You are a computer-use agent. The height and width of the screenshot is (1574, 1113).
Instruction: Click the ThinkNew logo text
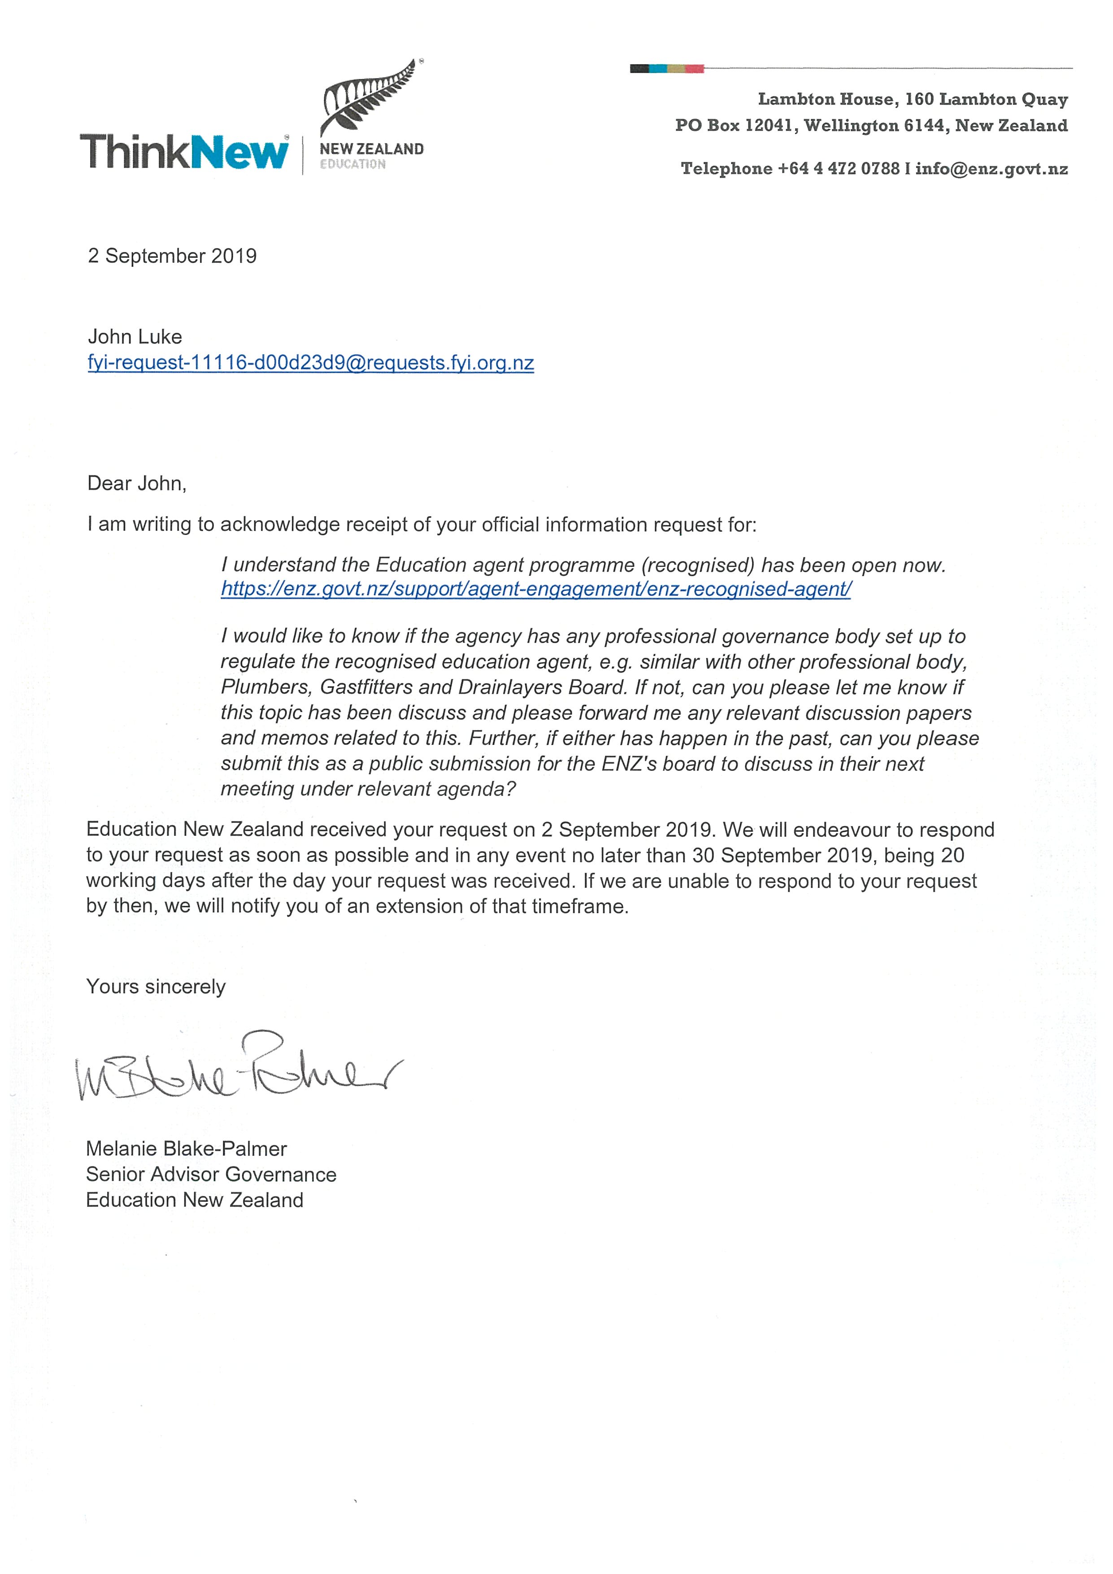tap(184, 152)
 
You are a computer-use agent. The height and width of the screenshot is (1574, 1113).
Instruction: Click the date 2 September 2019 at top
tap(172, 256)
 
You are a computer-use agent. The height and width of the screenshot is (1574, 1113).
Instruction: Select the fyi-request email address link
tap(310, 363)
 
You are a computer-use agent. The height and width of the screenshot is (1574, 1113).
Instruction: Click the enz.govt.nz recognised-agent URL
tap(535, 590)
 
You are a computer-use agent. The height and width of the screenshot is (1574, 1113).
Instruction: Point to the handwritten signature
tap(236, 1070)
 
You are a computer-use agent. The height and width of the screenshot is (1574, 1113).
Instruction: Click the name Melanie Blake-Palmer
tap(187, 1149)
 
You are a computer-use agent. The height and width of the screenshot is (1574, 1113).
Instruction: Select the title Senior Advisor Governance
tap(211, 1174)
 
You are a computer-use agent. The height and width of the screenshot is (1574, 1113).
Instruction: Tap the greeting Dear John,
tap(137, 484)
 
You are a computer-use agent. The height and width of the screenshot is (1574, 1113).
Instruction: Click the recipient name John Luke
tap(135, 337)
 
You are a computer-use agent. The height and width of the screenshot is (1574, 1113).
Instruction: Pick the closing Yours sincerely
tap(156, 987)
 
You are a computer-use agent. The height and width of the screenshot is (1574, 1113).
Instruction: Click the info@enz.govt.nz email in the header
tap(991, 169)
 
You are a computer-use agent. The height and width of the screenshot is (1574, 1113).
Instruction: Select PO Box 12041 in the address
tap(735, 126)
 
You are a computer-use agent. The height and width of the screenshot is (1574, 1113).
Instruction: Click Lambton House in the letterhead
tap(825, 100)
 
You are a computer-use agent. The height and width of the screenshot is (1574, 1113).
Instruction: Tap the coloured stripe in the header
tap(666, 69)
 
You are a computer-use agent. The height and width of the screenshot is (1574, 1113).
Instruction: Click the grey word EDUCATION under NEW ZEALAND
tap(352, 165)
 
